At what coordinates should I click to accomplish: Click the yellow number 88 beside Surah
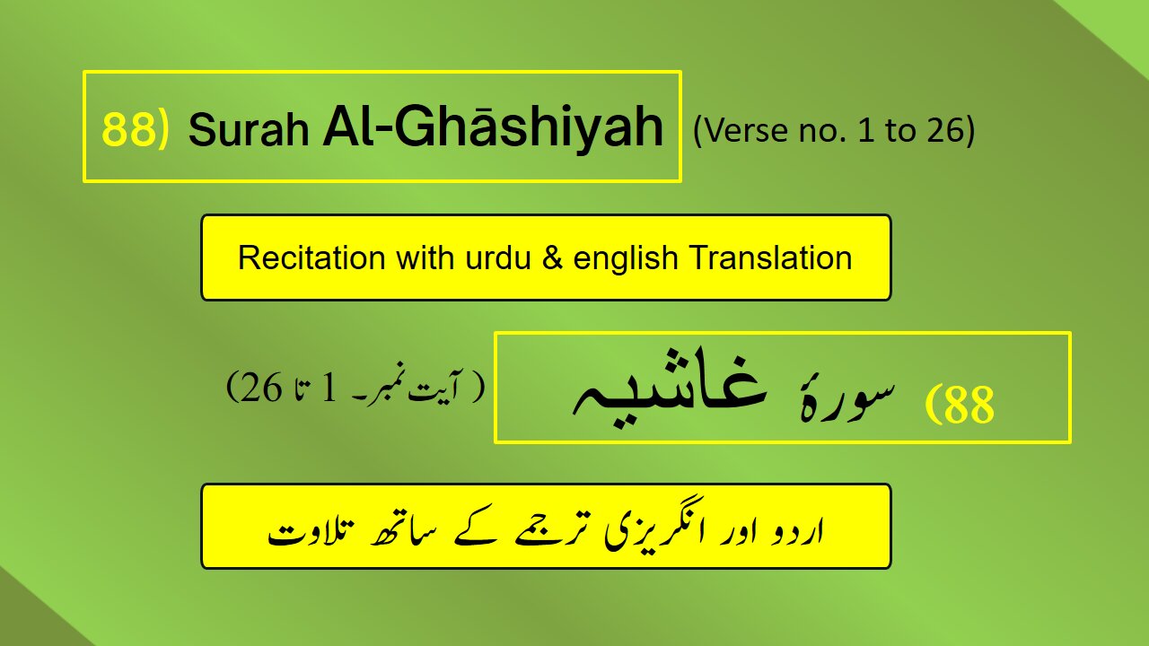point(127,128)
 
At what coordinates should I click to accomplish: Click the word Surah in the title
point(247,131)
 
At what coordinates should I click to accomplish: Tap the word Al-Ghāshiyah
point(493,127)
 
